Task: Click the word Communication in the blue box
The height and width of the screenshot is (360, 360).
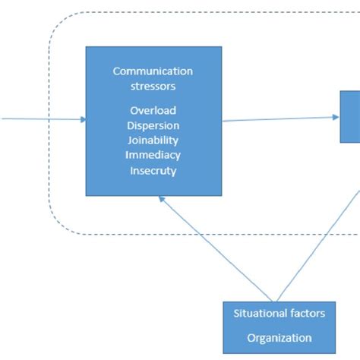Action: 153,71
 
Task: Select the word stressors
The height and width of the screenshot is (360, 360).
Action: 153,86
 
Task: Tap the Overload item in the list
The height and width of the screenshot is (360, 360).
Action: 153,111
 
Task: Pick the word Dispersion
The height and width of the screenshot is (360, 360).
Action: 153,126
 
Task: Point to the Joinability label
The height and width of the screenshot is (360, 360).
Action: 153,141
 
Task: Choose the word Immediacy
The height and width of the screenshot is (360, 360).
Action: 153,156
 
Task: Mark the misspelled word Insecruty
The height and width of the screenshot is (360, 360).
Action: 153,171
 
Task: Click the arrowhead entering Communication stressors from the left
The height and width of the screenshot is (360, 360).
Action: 81,119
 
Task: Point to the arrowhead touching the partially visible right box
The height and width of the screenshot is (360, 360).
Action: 335,117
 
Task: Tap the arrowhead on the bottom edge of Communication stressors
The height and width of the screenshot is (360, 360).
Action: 161,198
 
